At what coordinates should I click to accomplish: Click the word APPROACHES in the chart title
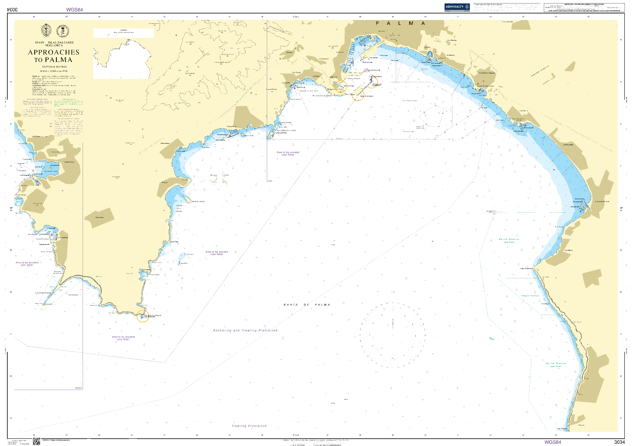click(54, 52)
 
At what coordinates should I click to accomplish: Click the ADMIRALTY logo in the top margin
click(457, 7)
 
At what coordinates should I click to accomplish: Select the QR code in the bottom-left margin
click(37, 441)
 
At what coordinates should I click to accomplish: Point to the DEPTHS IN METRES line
click(54, 67)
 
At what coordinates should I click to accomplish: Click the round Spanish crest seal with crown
click(63, 31)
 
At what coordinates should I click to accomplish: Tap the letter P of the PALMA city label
click(377, 23)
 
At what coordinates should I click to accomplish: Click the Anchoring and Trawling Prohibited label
click(245, 330)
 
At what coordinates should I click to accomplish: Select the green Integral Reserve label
click(530, 296)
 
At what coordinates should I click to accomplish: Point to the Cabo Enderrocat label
click(526, 268)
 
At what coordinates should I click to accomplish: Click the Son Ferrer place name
click(99, 217)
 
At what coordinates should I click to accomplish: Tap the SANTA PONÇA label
click(69, 162)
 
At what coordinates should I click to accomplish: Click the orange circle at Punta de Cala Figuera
click(142, 316)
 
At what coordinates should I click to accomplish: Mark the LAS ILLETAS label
click(281, 133)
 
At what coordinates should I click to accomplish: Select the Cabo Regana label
click(562, 428)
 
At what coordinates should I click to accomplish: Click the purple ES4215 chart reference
click(78, 388)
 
